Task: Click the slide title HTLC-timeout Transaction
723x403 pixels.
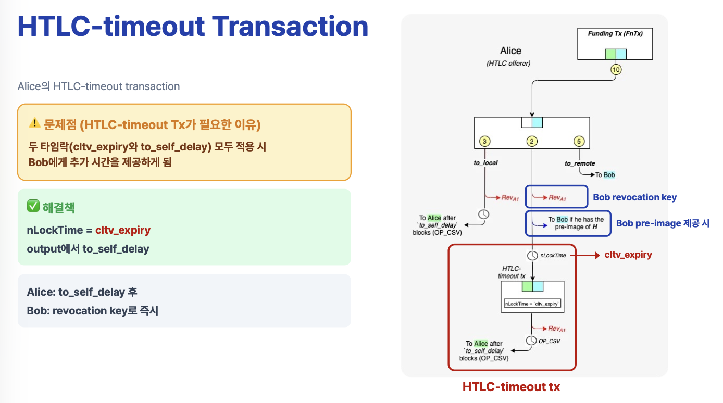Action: click(x=193, y=27)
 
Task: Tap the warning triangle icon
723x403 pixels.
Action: click(x=34, y=123)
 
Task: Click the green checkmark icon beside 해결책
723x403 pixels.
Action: click(x=33, y=207)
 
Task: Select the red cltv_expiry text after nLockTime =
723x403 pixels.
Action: click(x=123, y=230)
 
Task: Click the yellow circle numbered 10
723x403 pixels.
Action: click(x=616, y=70)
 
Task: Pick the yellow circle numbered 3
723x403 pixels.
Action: click(x=484, y=141)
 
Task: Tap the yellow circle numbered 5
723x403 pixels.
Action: click(x=579, y=141)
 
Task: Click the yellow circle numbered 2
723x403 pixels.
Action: click(x=532, y=141)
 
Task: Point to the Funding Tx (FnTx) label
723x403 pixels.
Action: click(x=615, y=34)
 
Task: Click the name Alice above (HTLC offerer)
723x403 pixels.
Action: click(x=510, y=51)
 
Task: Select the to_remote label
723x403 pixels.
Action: click(x=580, y=163)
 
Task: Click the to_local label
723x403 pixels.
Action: click(x=485, y=163)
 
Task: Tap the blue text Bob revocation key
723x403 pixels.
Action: click(x=635, y=197)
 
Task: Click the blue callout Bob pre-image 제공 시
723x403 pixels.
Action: click(x=663, y=223)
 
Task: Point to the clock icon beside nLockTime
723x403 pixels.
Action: click(x=532, y=256)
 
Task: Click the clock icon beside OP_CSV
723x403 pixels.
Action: click(x=531, y=341)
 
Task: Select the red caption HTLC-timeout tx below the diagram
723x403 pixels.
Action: click(x=511, y=387)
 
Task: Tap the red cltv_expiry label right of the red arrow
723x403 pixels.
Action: click(x=628, y=255)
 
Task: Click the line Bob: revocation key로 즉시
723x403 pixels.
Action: click(x=93, y=311)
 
